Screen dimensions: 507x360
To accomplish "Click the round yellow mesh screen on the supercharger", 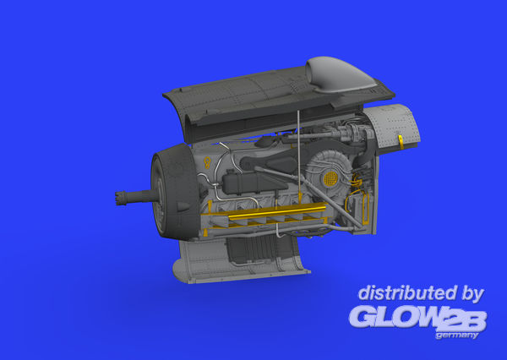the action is tap(330, 178).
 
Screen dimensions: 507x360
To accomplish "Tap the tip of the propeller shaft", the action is tap(116, 198).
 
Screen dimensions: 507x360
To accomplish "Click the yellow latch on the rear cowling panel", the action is tap(401, 142).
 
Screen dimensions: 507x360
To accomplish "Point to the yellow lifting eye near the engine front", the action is tap(207, 162).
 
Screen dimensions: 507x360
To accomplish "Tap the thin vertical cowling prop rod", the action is tap(299, 152).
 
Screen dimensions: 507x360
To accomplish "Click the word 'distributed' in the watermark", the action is tap(407, 292).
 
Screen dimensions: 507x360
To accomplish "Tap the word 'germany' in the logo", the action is tap(457, 335).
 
